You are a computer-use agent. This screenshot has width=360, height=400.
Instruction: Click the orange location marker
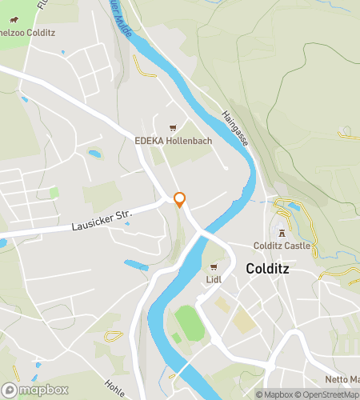pyautogui.click(x=180, y=200)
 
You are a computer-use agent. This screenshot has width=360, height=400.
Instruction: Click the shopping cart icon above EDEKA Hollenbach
pyautogui.click(x=170, y=128)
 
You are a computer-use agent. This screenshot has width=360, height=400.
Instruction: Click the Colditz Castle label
pyautogui.click(x=281, y=246)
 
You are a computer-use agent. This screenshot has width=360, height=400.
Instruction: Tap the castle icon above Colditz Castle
pyautogui.click(x=281, y=233)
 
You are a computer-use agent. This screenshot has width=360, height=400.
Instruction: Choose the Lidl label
pyautogui.click(x=214, y=279)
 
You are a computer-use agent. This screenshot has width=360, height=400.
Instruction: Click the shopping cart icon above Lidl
pyautogui.click(x=214, y=267)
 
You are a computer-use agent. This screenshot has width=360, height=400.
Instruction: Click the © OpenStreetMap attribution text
pyautogui.click(x=328, y=394)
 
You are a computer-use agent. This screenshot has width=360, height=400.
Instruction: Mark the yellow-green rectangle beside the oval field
pyautogui.click(x=245, y=319)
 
